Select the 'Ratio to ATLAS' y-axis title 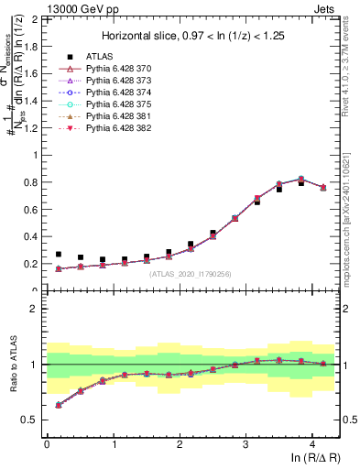coord(12,365)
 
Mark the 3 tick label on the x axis coord(245,442)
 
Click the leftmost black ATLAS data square coord(59,255)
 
